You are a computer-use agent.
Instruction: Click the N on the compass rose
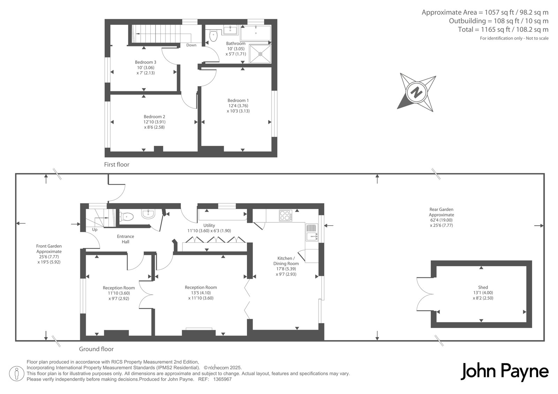(x=416, y=93)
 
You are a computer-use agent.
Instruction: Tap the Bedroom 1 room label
(x=238, y=100)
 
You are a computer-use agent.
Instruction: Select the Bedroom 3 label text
(x=145, y=62)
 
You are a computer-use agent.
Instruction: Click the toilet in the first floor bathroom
(x=213, y=35)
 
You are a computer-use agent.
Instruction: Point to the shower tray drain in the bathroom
(x=261, y=54)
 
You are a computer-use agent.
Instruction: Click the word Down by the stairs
(x=191, y=45)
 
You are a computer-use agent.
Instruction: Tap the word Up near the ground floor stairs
(x=95, y=230)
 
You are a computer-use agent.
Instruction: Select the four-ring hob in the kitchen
(x=285, y=215)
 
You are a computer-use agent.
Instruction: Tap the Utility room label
(x=209, y=225)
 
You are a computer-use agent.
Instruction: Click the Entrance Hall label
(x=126, y=239)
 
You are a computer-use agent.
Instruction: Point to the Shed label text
(x=483, y=287)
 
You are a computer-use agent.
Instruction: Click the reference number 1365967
(x=222, y=379)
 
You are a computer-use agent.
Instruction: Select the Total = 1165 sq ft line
(x=503, y=30)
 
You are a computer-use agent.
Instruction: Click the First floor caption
(x=116, y=164)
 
